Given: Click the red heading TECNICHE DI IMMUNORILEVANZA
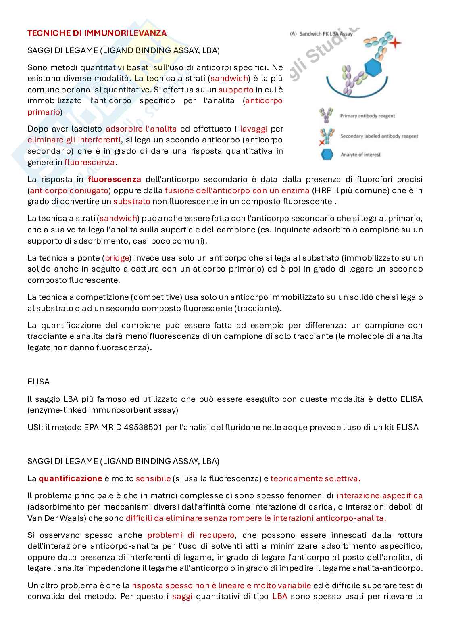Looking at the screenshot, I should pyautogui.click(x=97, y=33).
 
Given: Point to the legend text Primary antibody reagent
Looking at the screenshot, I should pyautogui.click(x=367, y=116).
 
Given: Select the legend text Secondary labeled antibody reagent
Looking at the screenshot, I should pyautogui.click(x=379, y=136).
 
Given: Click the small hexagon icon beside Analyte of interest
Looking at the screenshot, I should pyautogui.click(x=327, y=155).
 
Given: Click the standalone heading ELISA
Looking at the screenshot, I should pyautogui.click(x=38, y=382).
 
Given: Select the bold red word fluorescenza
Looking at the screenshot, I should pyautogui.click(x=115, y=179).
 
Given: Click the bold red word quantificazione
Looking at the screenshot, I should pyautogui.click(x=70, y=478).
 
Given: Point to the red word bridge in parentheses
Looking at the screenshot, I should pyautogui.click(x=117, y=258).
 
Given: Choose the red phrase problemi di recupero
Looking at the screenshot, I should pyautogui.click(x=191, y=535).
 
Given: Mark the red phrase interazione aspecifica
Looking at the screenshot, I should pyautogui.click(x=379, y=495).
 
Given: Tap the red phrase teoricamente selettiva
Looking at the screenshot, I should pyautogui.click(x=315, y=478).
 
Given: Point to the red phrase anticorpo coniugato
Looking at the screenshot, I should pyautogui.click(x=69, y=190).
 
